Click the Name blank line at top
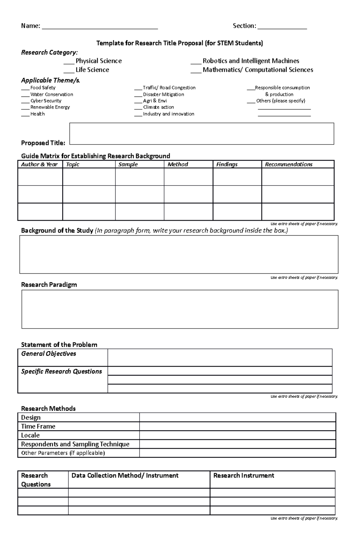tap(100, 27)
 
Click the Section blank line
tap(282, 27)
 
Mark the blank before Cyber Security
tap(25, 102)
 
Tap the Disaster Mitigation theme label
tap(163, 94)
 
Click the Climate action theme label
tap(158, 107)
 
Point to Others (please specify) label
tap(280, 101)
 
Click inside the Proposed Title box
tap(202, 134)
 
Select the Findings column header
tap(227, 164)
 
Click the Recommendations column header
tap(289, 164)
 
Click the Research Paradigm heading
tap(49, 285)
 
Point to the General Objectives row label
tap(49, 354)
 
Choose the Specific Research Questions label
tap(61, 371)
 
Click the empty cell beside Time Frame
tap(237, 426)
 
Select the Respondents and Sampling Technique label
tap(75, 444)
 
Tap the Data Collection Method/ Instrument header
tap(125, 476)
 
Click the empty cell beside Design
tap(237, 417)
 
